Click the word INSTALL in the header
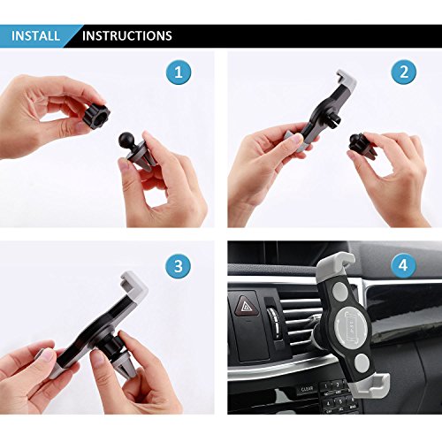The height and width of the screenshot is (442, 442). pos(35,36)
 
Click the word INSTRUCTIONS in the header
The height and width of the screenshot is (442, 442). pos(127,36)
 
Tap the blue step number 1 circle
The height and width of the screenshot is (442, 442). pos(179,72)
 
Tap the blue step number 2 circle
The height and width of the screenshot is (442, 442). pos(404,72)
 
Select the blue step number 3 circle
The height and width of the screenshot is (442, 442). pos(179,266)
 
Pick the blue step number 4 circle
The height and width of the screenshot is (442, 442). pos(403,265)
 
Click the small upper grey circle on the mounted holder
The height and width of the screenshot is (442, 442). pos(340,290)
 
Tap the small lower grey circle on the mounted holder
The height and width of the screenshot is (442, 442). pos(362,362)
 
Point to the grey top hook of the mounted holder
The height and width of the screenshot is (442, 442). pos(335,264)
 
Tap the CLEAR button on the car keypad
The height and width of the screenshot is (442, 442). pos(307,390)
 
